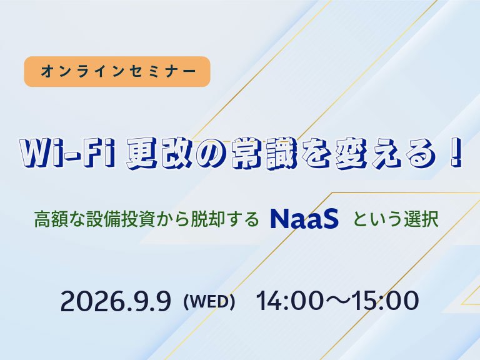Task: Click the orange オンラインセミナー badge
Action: (117, 71)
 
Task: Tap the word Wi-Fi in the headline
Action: (67, 153)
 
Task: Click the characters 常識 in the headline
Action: (264, 153)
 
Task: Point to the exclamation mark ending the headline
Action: (456, 153)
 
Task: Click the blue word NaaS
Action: (304, 219)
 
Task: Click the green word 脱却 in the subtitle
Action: (208, 219)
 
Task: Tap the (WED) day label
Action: (209, 302)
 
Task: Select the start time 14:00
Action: (289, 301)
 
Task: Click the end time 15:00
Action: (386, 301)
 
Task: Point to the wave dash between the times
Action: (337, 301)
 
